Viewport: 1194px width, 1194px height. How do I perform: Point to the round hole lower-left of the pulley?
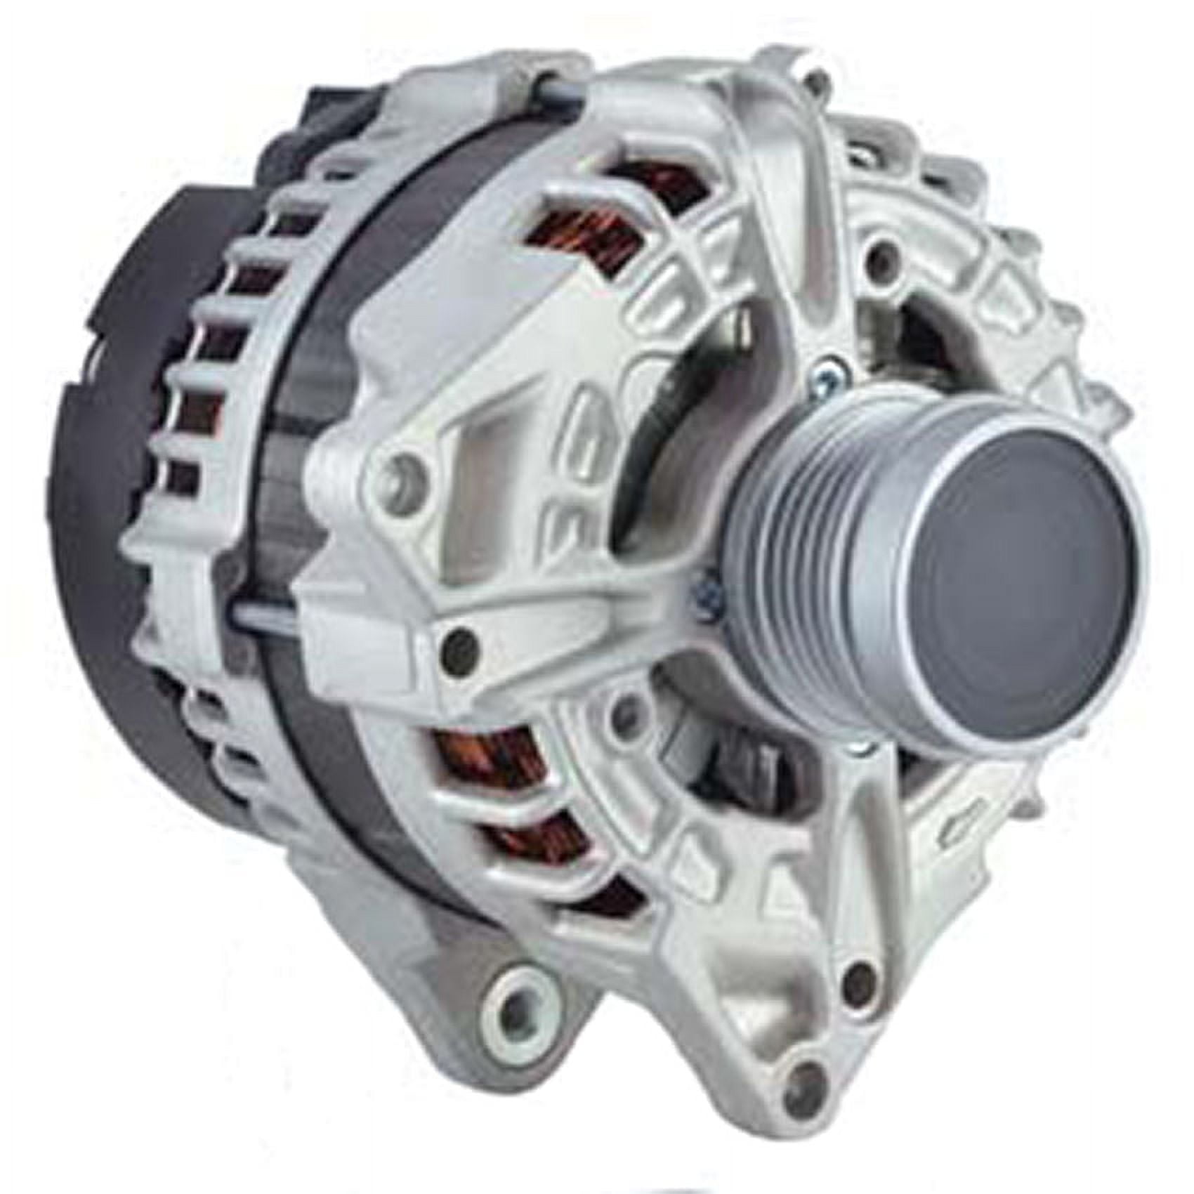pyautogui.click(x=622, y=709)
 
